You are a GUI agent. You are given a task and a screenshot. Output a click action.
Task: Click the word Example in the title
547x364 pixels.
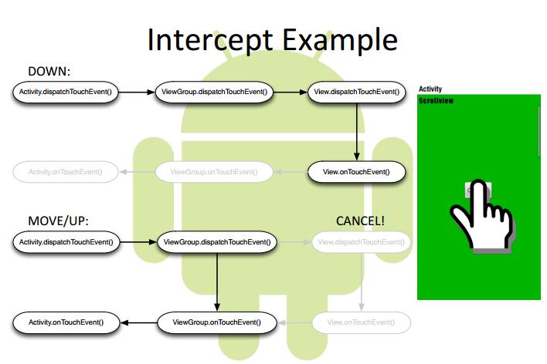coord(337,40)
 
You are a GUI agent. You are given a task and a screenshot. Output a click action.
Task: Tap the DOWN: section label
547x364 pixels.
coord(49,72)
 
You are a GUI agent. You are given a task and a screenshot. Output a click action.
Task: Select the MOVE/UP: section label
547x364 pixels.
coord(59,221)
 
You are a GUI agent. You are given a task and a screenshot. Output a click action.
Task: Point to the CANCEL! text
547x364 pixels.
coord(360,221)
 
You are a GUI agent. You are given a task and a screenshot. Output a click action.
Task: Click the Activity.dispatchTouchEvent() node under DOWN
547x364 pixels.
coord(65,93)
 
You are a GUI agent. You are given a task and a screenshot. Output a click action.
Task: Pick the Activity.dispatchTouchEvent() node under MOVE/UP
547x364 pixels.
coord(65,243)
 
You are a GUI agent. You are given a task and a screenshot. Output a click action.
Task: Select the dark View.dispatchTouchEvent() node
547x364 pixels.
coord(356,93)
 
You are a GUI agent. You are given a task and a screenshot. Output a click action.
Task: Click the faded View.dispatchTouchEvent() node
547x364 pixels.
coord(361,243)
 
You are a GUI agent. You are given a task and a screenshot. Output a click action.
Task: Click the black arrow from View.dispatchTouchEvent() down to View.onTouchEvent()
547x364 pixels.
coord(356,131)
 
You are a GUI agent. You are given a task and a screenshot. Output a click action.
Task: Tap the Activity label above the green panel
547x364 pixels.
coord(430,89)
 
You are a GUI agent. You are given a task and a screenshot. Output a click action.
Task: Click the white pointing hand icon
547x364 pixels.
coord(482,216)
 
